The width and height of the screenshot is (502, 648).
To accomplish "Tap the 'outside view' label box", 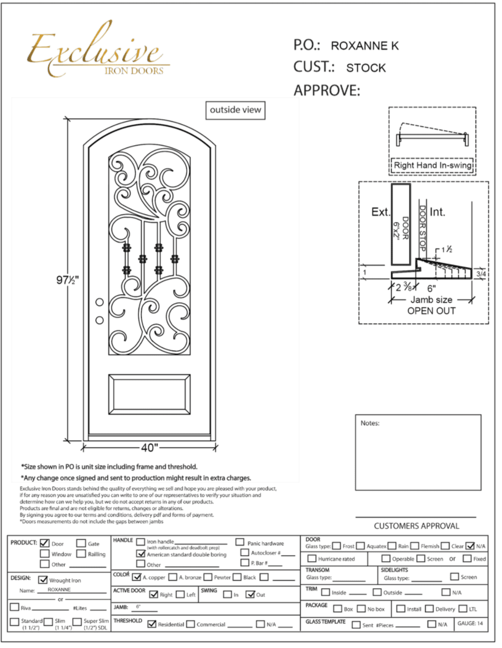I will (x=235, y=110).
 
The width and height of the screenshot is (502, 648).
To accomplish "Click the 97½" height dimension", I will (x=67, y=280).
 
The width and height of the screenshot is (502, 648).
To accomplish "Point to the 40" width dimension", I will (x=150, y=447).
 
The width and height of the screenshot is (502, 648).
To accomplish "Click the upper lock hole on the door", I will (x=100, y=302).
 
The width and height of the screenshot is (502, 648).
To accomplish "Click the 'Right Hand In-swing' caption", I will (x=433, y=165).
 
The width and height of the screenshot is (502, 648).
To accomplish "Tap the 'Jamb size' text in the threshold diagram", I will (x=432, y=300).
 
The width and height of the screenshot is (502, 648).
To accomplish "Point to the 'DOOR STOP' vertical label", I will (x=422, y=227).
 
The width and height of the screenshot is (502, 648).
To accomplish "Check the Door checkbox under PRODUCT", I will (x=45, y=543).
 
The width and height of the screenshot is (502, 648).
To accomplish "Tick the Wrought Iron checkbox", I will (x=43, y=580).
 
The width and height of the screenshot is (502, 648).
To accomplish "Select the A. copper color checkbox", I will (x=136, y=577).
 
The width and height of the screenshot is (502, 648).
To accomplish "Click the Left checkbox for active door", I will (x=180, y=594).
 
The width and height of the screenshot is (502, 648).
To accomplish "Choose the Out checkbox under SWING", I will (x=250, y=594).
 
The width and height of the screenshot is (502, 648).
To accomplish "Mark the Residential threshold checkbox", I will (x=151, y=624).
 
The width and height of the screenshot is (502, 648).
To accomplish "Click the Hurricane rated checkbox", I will (x=312, y=559).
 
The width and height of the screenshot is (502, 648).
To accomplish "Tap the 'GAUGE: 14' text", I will (x=470, y=623).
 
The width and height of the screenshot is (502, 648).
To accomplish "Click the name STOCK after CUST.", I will (x=366, y=68).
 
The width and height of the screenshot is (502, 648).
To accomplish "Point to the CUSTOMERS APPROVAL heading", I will (x=416, y=526).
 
